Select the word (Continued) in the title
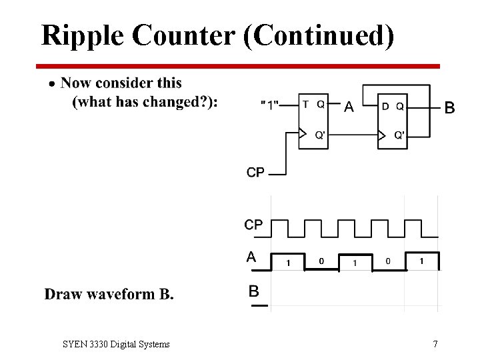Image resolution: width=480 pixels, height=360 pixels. pyautogui.click(x=319, y=35)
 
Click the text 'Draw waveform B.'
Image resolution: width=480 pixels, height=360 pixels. pyautogui.click(x=109, y=294)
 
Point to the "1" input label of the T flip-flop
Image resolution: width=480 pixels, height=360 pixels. pyautogui.click(x=270, y=105)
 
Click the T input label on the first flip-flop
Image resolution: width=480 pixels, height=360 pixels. pyautogui.click(x=305, y=104)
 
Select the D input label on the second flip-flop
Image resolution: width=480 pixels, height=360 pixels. pyautogui.click(x=385, y=105)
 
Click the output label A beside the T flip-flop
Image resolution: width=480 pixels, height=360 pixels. pyautogui.click(x=348, y=107)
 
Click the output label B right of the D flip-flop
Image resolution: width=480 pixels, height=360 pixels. pyautogui.click(x=450, y=107)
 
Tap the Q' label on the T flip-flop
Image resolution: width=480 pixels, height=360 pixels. pyautogui.click(x=320, y=135)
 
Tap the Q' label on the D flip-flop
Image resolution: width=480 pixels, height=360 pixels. pyautogui.click(x=399, y=135)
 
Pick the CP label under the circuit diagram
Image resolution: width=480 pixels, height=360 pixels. pyautogui.click(x=255, y=173)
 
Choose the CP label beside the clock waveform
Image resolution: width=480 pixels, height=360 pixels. pyautogui.click(x=253, y=225)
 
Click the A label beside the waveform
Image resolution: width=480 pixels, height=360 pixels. pyautogui.click(x=251, y=257)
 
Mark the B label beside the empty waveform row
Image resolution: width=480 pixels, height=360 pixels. pyautogui.click(x=254, y=291)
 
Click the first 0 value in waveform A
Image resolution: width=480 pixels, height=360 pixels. pyautogui.click(x=321, y=261)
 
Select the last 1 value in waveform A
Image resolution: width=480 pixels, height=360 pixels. pyautogui.click(x=421, y=261)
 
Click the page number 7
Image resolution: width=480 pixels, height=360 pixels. pyautogui.click(x=435, y=344)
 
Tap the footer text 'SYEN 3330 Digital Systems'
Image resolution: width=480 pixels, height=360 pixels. pyautogui.click(x=116, y=344)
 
